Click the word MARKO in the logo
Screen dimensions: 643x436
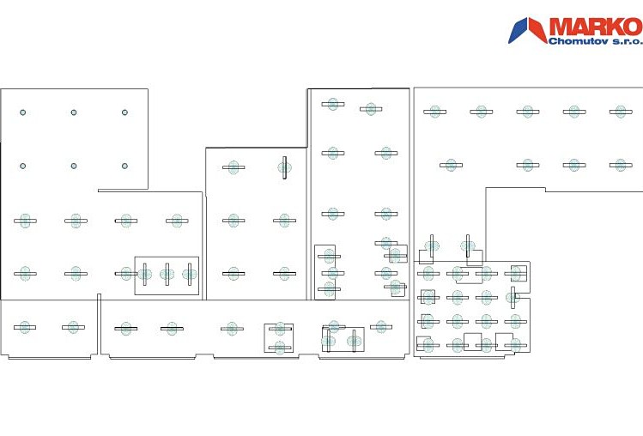[596, 27]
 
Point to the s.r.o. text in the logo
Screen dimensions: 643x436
[628, 41]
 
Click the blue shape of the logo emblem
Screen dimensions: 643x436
[518, 30]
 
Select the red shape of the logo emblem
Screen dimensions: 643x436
[537, 28]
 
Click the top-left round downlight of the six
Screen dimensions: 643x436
[23, 112]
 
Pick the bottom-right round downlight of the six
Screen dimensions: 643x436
[124, 167]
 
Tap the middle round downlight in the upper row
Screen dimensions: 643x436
[74, 112]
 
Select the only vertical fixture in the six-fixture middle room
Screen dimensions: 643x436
[284, 167]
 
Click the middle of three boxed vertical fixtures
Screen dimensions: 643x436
[167, 274]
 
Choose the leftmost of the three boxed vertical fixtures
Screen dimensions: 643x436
[145, 274]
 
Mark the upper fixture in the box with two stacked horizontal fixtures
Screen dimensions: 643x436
[280, 329]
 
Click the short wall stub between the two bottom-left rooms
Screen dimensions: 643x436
[99, 324]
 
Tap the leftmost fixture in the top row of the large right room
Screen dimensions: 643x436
[434, 112]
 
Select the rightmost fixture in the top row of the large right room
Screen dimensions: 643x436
[621, 112]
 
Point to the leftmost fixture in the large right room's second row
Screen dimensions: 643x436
[451, 166]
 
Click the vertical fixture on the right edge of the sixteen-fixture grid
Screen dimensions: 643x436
[513, 297]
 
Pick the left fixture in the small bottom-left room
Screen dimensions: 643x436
[25, 327]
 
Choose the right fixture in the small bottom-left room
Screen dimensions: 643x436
[74, 327]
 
